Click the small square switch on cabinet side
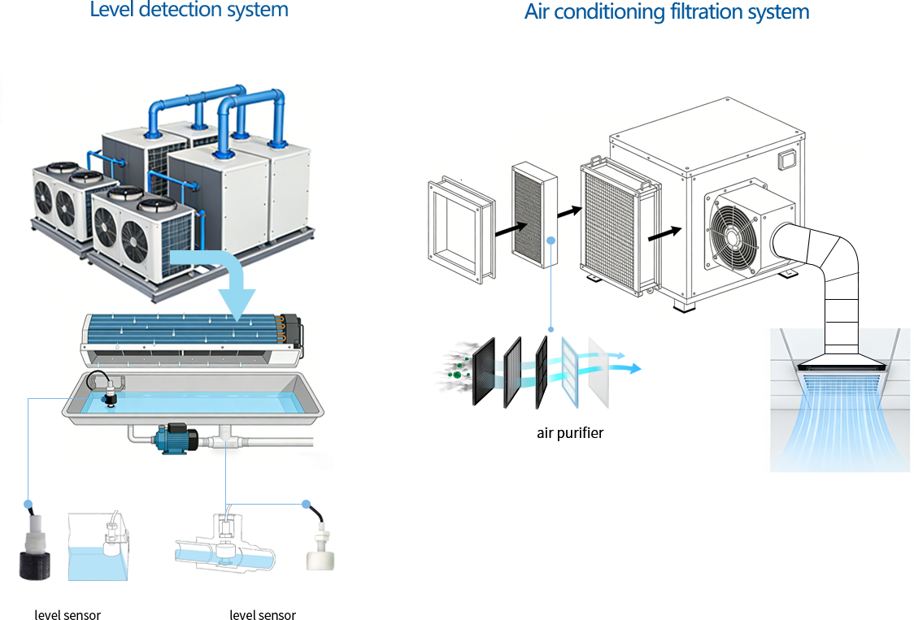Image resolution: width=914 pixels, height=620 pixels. point(786,159)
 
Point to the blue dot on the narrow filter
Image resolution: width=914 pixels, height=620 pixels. point(551,241)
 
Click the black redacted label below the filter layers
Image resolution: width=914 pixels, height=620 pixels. point(570,434)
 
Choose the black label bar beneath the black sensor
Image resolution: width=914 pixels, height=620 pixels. point(67,614)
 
